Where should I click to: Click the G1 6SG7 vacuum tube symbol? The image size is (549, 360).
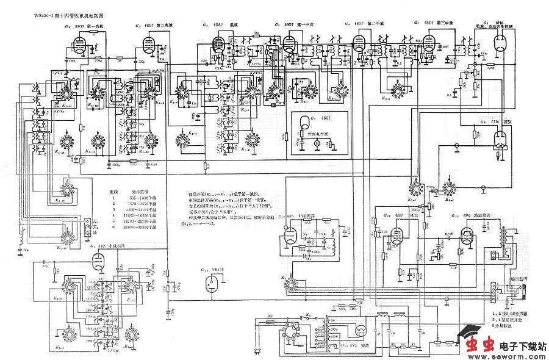(77, 43)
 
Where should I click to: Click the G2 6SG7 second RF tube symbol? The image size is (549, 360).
(148, 43)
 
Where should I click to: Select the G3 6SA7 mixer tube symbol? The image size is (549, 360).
(218, 43)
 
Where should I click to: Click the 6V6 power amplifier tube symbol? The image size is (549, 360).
(467, 237)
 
